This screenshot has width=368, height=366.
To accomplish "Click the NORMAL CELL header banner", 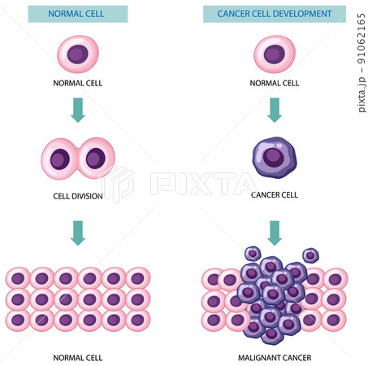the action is (x=78, y=14).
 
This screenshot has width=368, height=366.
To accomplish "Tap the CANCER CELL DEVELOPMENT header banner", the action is (x=275, y=14).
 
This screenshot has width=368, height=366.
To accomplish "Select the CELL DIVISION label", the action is (x=78, y=196).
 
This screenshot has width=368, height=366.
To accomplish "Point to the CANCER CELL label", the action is (x=275, y=194).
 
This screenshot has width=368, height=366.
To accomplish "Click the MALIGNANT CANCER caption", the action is (x=275, y=358).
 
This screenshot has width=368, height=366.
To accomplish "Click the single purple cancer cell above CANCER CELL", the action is (x=275, y=157).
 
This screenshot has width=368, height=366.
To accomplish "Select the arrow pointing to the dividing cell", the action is (x=78, y=110).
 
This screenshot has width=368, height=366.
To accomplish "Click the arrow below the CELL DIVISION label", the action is (x=78, y=233).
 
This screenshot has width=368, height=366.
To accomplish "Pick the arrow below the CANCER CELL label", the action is (x=275, y=233).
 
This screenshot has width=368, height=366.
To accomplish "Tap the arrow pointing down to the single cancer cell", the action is (x=275, y=110).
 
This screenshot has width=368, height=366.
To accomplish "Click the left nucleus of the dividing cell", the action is (x=60, y=159).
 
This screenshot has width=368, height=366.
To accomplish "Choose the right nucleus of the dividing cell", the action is (x=96, y=159).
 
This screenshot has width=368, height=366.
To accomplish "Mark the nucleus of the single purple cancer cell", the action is (x=274, y=158).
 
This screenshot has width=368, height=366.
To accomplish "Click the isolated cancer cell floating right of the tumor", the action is (x=310, y=255).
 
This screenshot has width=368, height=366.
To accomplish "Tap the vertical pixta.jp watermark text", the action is (x=362, y=63).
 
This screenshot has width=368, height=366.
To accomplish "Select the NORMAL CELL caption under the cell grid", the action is (x=78, y=358).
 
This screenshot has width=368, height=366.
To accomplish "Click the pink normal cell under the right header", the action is (x=275, y=54).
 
